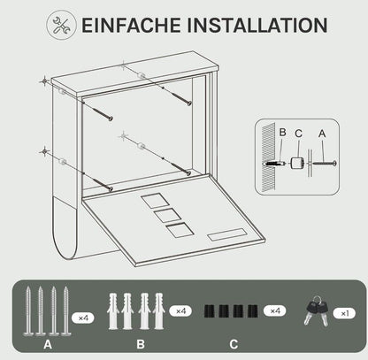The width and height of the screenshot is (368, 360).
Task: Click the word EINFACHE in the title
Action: point(131,25)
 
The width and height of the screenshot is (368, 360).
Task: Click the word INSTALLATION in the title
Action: point(257,25)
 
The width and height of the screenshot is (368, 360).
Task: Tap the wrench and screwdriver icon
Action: point(61,26)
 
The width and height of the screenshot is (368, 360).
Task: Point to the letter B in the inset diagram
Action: point(282,133)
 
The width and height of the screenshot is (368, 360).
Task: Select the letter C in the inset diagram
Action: point(298,134)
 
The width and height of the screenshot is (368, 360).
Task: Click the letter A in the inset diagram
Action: point(322,134)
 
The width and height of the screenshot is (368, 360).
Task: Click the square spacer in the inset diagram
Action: point(297,163)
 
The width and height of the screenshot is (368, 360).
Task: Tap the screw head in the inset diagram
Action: point(334,163)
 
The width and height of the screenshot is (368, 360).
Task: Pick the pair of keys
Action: point(317,311)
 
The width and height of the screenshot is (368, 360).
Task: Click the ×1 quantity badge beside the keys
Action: point(344,313)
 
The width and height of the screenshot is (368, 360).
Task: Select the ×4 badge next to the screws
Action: point(83,318)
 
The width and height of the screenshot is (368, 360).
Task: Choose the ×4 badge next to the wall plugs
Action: point(180,311)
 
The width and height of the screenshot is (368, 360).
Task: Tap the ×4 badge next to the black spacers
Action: point(274,310)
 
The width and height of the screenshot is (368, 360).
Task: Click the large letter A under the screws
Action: point(48,344)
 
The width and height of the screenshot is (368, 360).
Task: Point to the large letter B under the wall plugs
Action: point(141,344)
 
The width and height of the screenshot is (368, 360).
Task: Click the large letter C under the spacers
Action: point(234,344)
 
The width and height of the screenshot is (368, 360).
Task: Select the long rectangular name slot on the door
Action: point(226,235)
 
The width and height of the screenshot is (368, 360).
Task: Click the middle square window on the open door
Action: point(167,216)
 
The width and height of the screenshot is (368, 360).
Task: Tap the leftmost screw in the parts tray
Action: point(28,311)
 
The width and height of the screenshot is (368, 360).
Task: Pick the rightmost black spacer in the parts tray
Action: point(253,311)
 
